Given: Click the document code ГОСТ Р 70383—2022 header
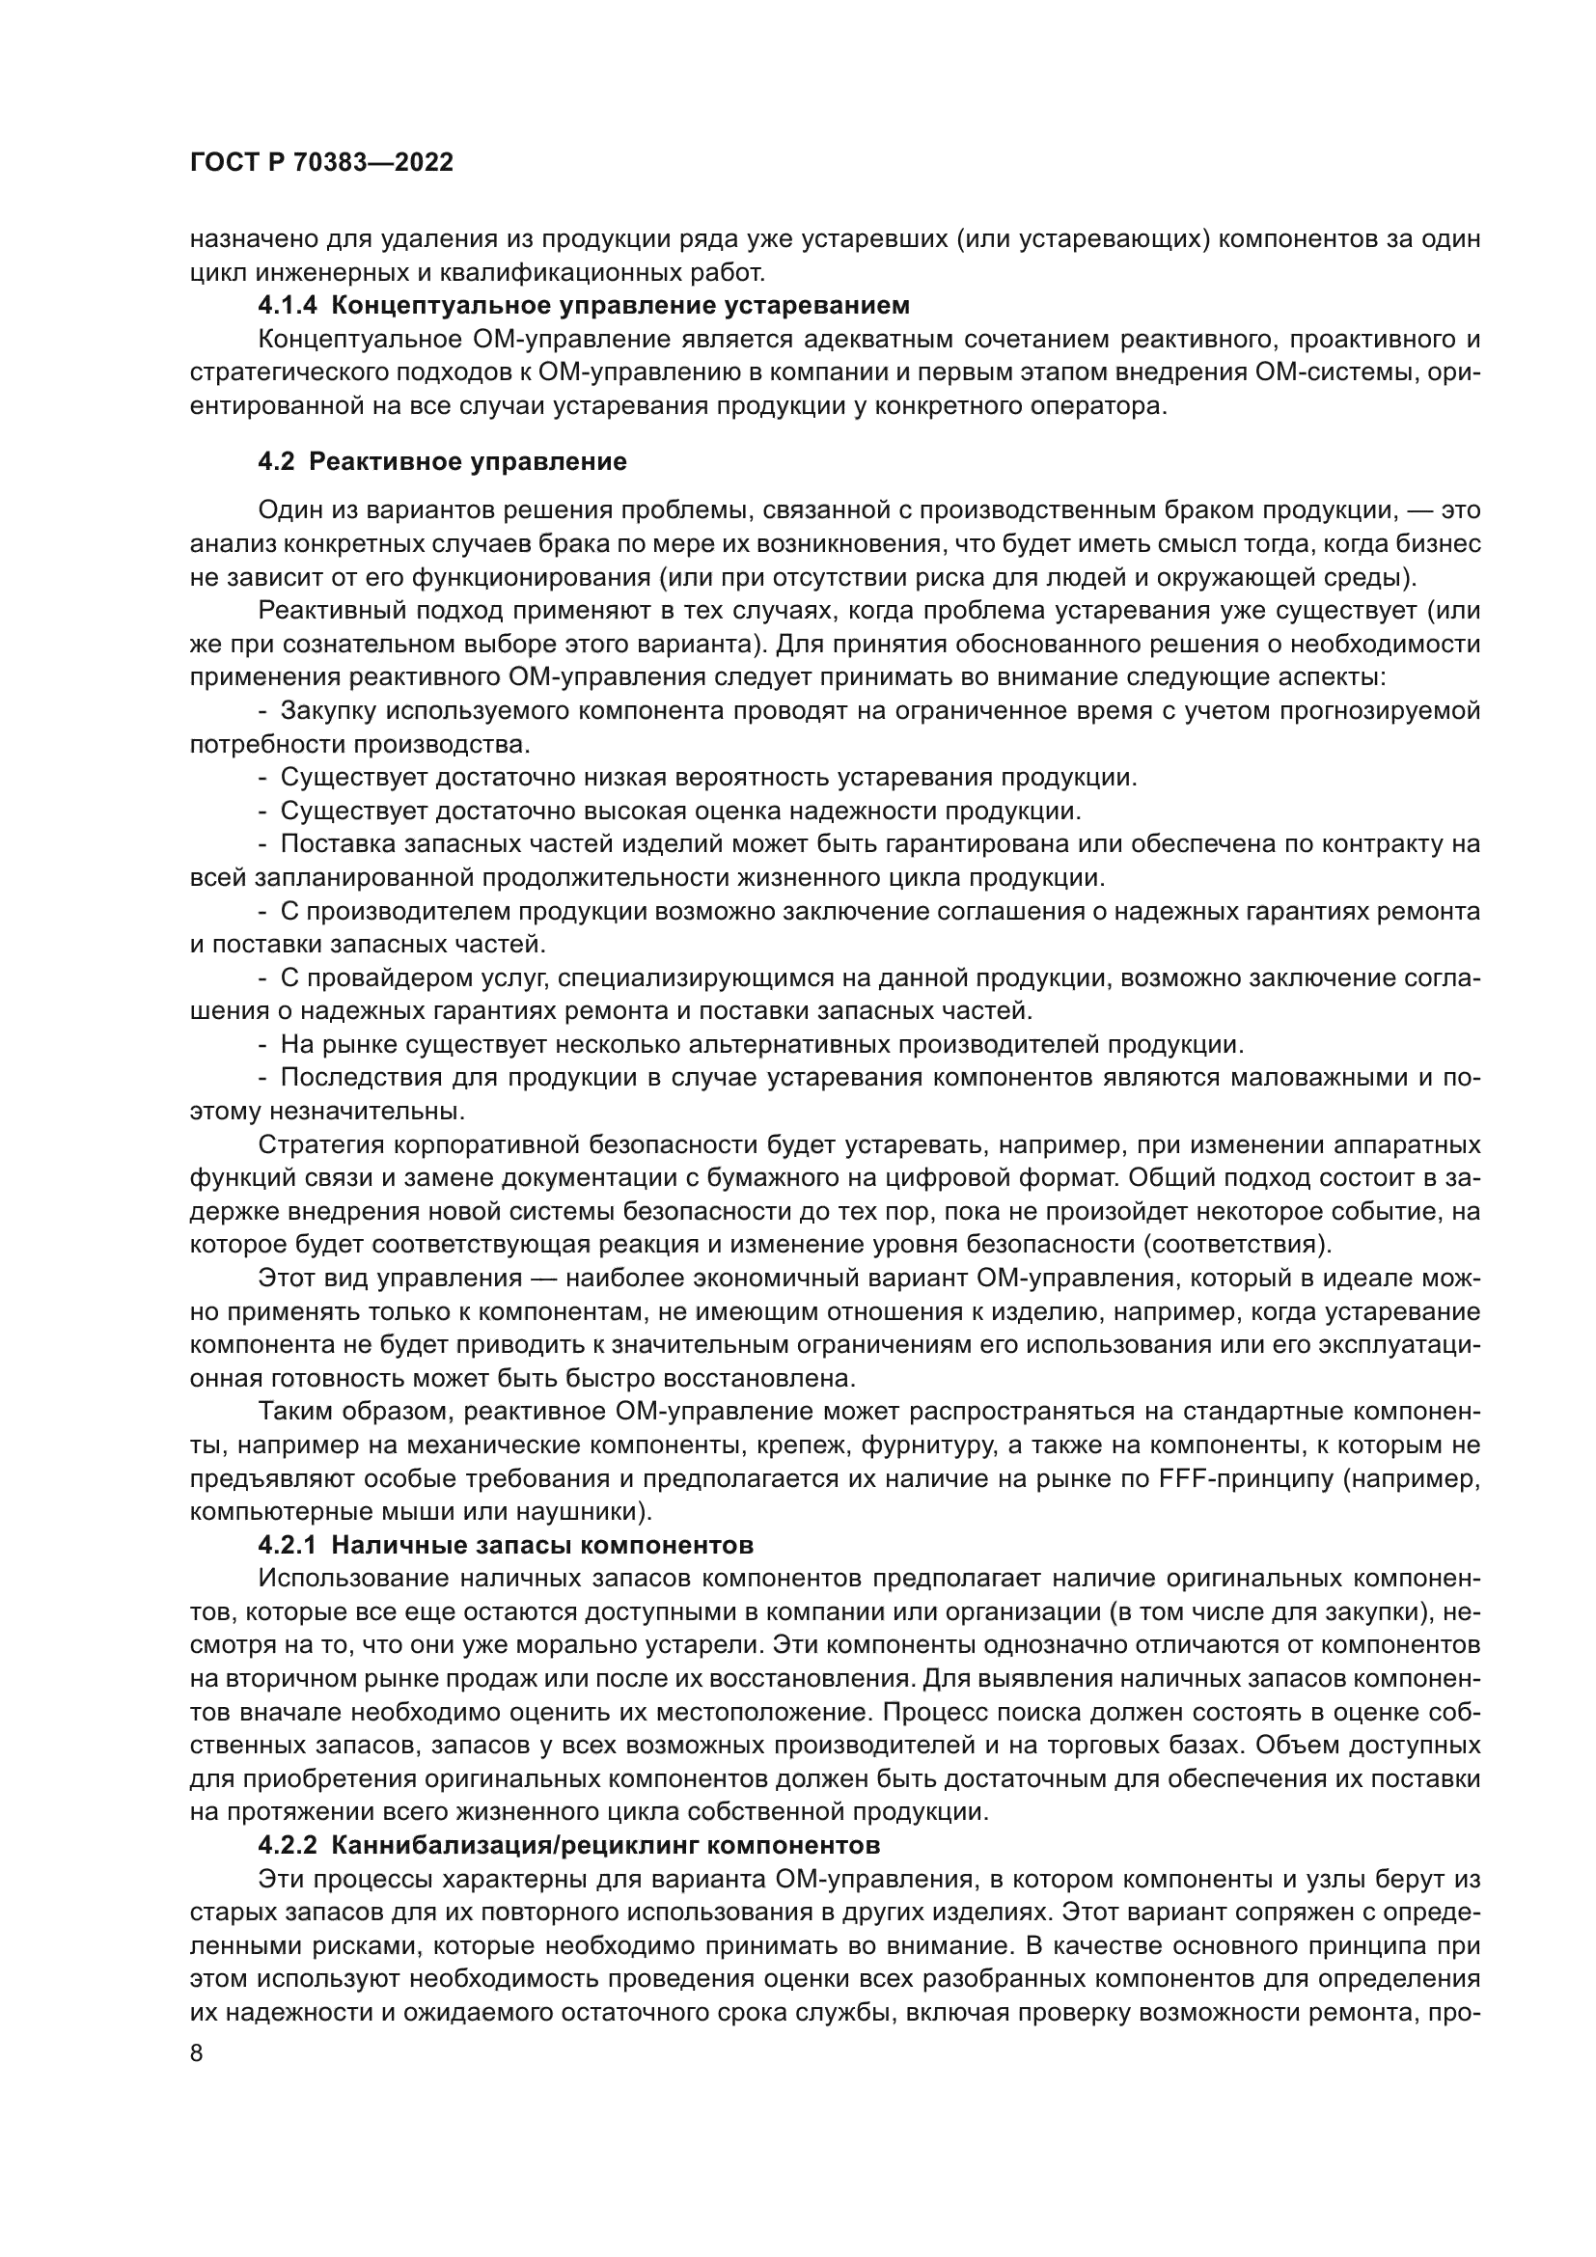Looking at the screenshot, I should (x=321, y=163).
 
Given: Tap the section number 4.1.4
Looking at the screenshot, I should (x=287, y=306).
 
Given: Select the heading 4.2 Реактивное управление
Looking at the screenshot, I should (x=442, y=462).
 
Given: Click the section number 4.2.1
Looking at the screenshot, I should (x=287, y=1545).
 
